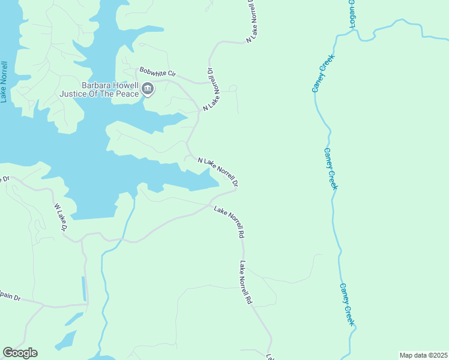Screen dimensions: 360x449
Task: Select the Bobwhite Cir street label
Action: pyautogui.click(x=157, y=72)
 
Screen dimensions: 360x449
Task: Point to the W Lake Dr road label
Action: pyautogui.click(x=61, y=218)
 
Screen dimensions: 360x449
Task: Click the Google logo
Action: pyautogui.click(x=20, y=353)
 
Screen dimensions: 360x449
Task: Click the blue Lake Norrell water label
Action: pyautogui.click(x=4, y=81)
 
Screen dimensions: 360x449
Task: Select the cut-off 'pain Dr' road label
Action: pyautogui.click(x=10, y=298)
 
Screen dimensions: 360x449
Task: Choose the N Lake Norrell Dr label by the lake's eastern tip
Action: pyautogui.click(x=218, y=171)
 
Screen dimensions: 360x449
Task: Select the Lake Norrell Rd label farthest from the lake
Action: pyautogui.click(x=245, y=283)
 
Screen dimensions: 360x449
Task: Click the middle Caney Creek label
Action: pyautogui.click(x=330, y=169)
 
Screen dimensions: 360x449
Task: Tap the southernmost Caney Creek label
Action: pyautogui.click(x=348, y=305)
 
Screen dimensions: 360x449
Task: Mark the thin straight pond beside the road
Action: pyautogui.click(x=84, y=289)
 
